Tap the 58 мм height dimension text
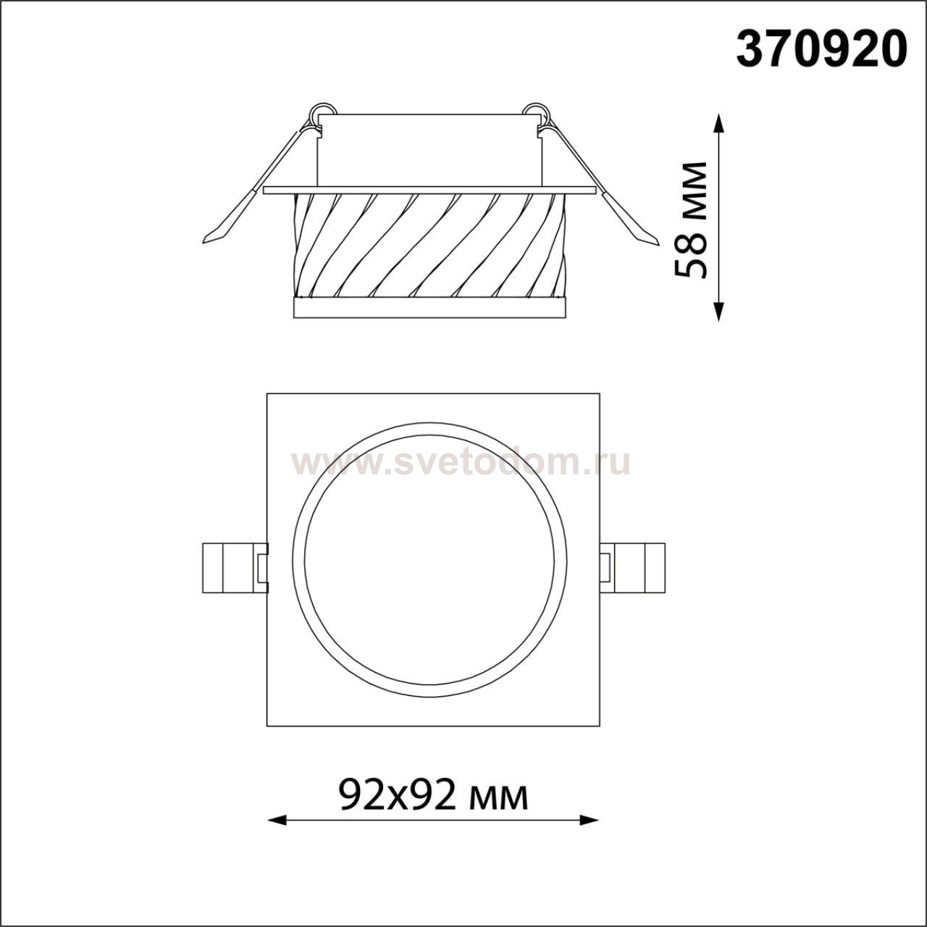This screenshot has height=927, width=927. click(x=692, y=220)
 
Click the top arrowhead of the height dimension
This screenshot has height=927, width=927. click(x=718, y=122)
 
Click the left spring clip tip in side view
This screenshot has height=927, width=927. click(x=206, y=241)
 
